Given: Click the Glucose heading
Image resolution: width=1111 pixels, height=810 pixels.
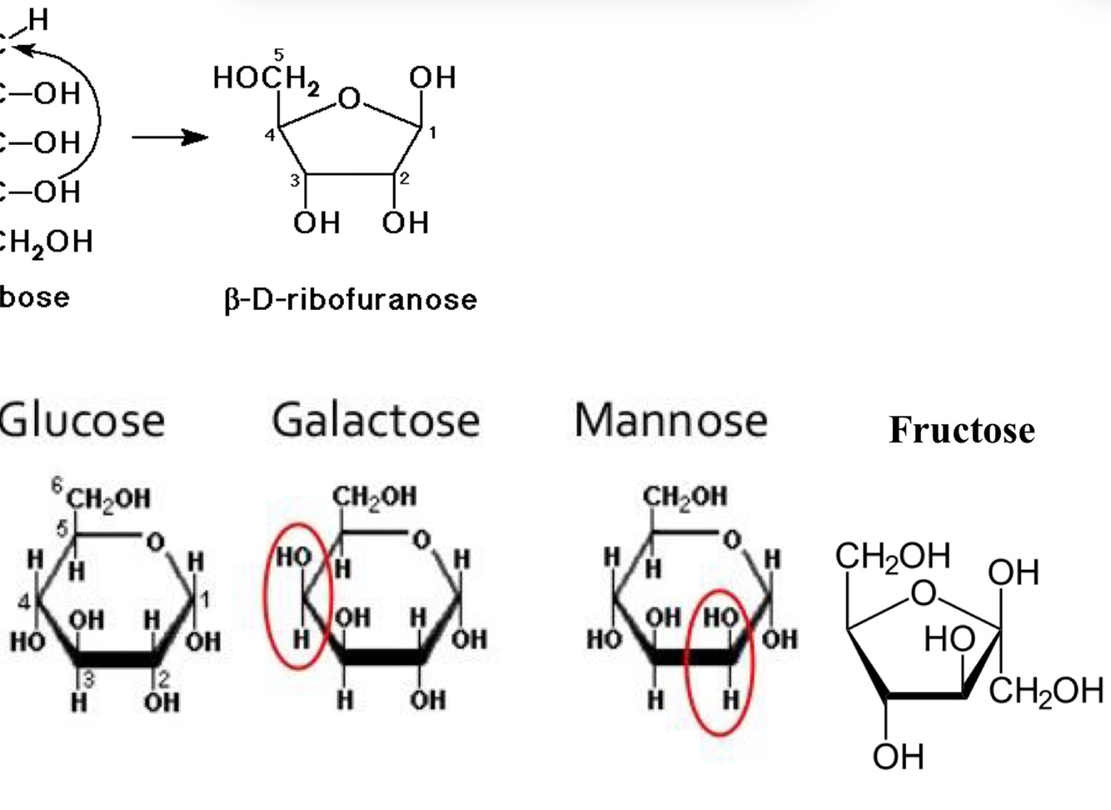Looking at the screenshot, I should (82, 419).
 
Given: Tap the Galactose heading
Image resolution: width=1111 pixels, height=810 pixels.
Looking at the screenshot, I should (376, 419).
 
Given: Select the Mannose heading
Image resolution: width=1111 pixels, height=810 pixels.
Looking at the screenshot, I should (670, 419).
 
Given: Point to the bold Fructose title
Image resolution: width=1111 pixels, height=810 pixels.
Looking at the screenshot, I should (961, 430).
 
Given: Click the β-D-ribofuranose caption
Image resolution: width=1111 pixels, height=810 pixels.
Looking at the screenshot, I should (351, 299).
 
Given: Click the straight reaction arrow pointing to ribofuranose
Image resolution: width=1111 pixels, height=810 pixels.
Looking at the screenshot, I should (170, 137).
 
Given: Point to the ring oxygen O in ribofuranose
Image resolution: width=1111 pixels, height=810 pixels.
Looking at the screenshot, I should (350, 99).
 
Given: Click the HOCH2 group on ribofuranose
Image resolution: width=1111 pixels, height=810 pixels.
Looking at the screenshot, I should (266, 78).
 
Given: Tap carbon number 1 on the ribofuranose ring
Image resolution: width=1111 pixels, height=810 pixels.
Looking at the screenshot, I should (432, 132).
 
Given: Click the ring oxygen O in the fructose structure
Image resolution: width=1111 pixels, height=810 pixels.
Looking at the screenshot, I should (923, 593).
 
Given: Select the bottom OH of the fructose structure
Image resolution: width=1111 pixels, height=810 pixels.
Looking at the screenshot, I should (898, 757).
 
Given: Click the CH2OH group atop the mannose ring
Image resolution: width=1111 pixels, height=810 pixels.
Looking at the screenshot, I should (685, 497).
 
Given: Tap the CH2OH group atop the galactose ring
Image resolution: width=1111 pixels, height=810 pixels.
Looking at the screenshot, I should (374, 497).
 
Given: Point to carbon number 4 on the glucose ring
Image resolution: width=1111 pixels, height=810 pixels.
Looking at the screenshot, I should (25, 601).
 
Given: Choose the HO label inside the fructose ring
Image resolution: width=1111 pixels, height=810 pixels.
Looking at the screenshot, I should (949, 640).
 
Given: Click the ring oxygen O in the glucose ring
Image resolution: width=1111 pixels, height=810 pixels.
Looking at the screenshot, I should (155, 542).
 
